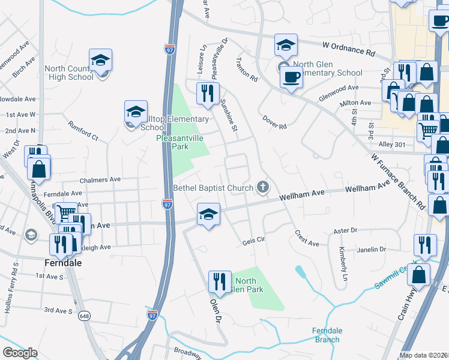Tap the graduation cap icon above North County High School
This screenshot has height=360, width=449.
[100, 59]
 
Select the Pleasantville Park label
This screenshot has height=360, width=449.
[180, 142]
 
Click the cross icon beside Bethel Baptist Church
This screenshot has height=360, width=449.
[262, 188]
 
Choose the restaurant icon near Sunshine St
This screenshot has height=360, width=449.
[208, 93]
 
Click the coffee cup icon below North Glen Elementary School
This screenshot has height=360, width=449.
[291, 77]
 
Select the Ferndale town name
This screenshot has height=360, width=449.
[62, 262]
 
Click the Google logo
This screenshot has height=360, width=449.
[20, 352]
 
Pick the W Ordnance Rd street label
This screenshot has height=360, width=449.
[348, 47]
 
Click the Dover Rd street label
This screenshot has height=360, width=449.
[274, 122]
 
